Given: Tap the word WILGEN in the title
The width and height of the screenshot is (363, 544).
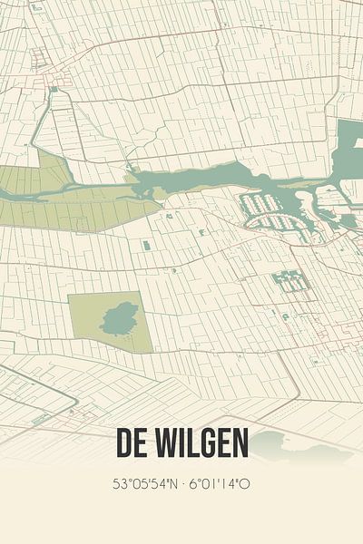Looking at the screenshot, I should pos(200,444).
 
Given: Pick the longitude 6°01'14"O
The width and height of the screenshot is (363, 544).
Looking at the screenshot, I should pos(219,484).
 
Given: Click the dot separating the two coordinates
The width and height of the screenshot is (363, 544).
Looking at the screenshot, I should pos(181,484).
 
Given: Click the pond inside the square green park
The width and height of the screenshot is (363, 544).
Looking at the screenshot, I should pos(115,319).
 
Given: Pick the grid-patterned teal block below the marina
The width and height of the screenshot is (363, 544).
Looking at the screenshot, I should pos(291,281).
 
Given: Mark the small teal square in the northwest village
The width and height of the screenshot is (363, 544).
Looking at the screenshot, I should pos(54,89).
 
